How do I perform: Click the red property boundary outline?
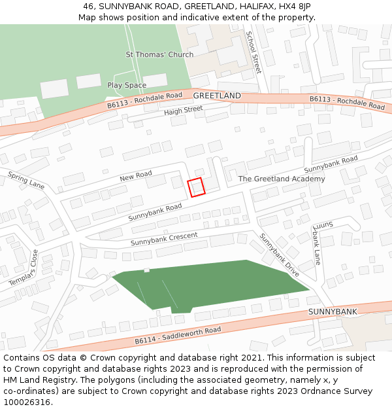pyautogui.click(x=197, y=187)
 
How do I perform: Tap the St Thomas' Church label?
pyautogui.click(x=159, y=54)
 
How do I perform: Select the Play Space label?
pyautogui.click(x=127, y=85)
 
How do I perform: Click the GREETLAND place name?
pyautogui.click(x=217, y=96)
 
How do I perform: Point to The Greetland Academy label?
pyautogui.click(x=282, y=179)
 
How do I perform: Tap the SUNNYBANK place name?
pyautogui.click(x=333, y=311)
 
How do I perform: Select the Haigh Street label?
pyautogui.click(x=184, y=111)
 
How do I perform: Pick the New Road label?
pyautogui.click(x=136, y=176)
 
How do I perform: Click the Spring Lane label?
pyautogui.click(x=26, y=181)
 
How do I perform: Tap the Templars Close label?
pyautogui.click(x=24, y=268)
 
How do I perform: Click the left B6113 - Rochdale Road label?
pyautogui.click(x=144, y=100)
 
